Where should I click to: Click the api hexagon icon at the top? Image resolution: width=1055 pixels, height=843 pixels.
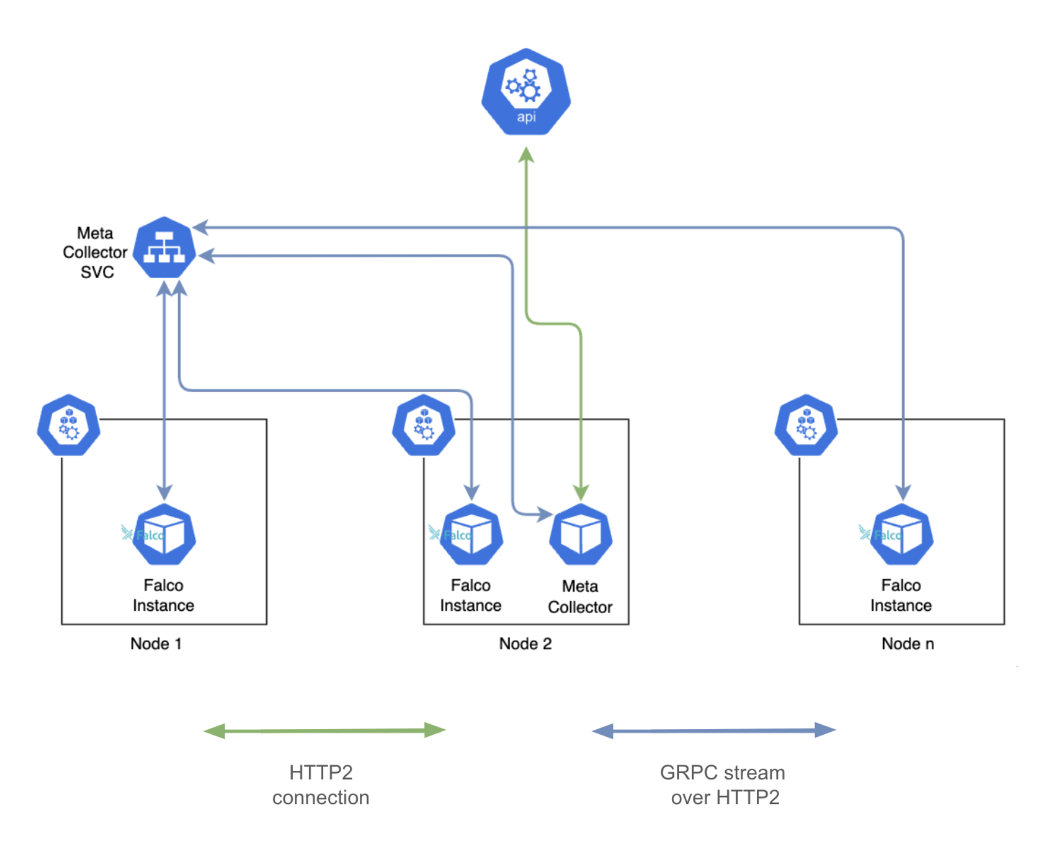tap(525, 92)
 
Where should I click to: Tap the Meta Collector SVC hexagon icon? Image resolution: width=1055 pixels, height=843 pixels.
tap(164, 248)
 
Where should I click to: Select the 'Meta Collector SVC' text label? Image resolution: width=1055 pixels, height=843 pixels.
tap(95, 252)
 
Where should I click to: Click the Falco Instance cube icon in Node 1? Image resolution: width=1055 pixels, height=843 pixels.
tap(164, 534)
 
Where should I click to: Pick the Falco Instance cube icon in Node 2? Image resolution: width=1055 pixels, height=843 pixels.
tap(471, 534)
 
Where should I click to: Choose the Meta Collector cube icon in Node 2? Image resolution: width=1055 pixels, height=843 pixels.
tap(580, 534)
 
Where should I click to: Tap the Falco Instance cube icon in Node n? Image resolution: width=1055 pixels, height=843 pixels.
tap(902, 534)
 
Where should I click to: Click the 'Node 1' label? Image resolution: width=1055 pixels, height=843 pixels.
tap(155, 644)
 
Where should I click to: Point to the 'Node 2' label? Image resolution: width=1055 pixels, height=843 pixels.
tap(525, 644)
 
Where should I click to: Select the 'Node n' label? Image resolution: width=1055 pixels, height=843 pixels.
tap(907, 644)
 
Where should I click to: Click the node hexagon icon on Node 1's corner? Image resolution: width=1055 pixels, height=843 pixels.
tap(68, 425)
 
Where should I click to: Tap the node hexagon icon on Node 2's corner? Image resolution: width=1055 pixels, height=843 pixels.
tap(424, 425)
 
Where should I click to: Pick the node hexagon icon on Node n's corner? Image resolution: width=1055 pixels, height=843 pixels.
tap(806, 425)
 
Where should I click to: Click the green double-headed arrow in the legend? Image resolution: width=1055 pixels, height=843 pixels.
tap(325, 731)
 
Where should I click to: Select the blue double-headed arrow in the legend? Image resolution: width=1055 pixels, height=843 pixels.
tap(714, 731)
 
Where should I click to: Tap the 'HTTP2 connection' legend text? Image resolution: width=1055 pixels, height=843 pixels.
tap(321, 785)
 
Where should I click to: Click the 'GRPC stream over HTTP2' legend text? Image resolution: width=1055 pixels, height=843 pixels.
tap(723, 785)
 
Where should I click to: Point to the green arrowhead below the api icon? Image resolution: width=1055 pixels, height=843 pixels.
tap(526, 155)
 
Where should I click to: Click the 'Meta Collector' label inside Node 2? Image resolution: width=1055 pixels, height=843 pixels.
tap(580, 596)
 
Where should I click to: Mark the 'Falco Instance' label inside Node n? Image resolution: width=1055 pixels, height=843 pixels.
tap(901, 595)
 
